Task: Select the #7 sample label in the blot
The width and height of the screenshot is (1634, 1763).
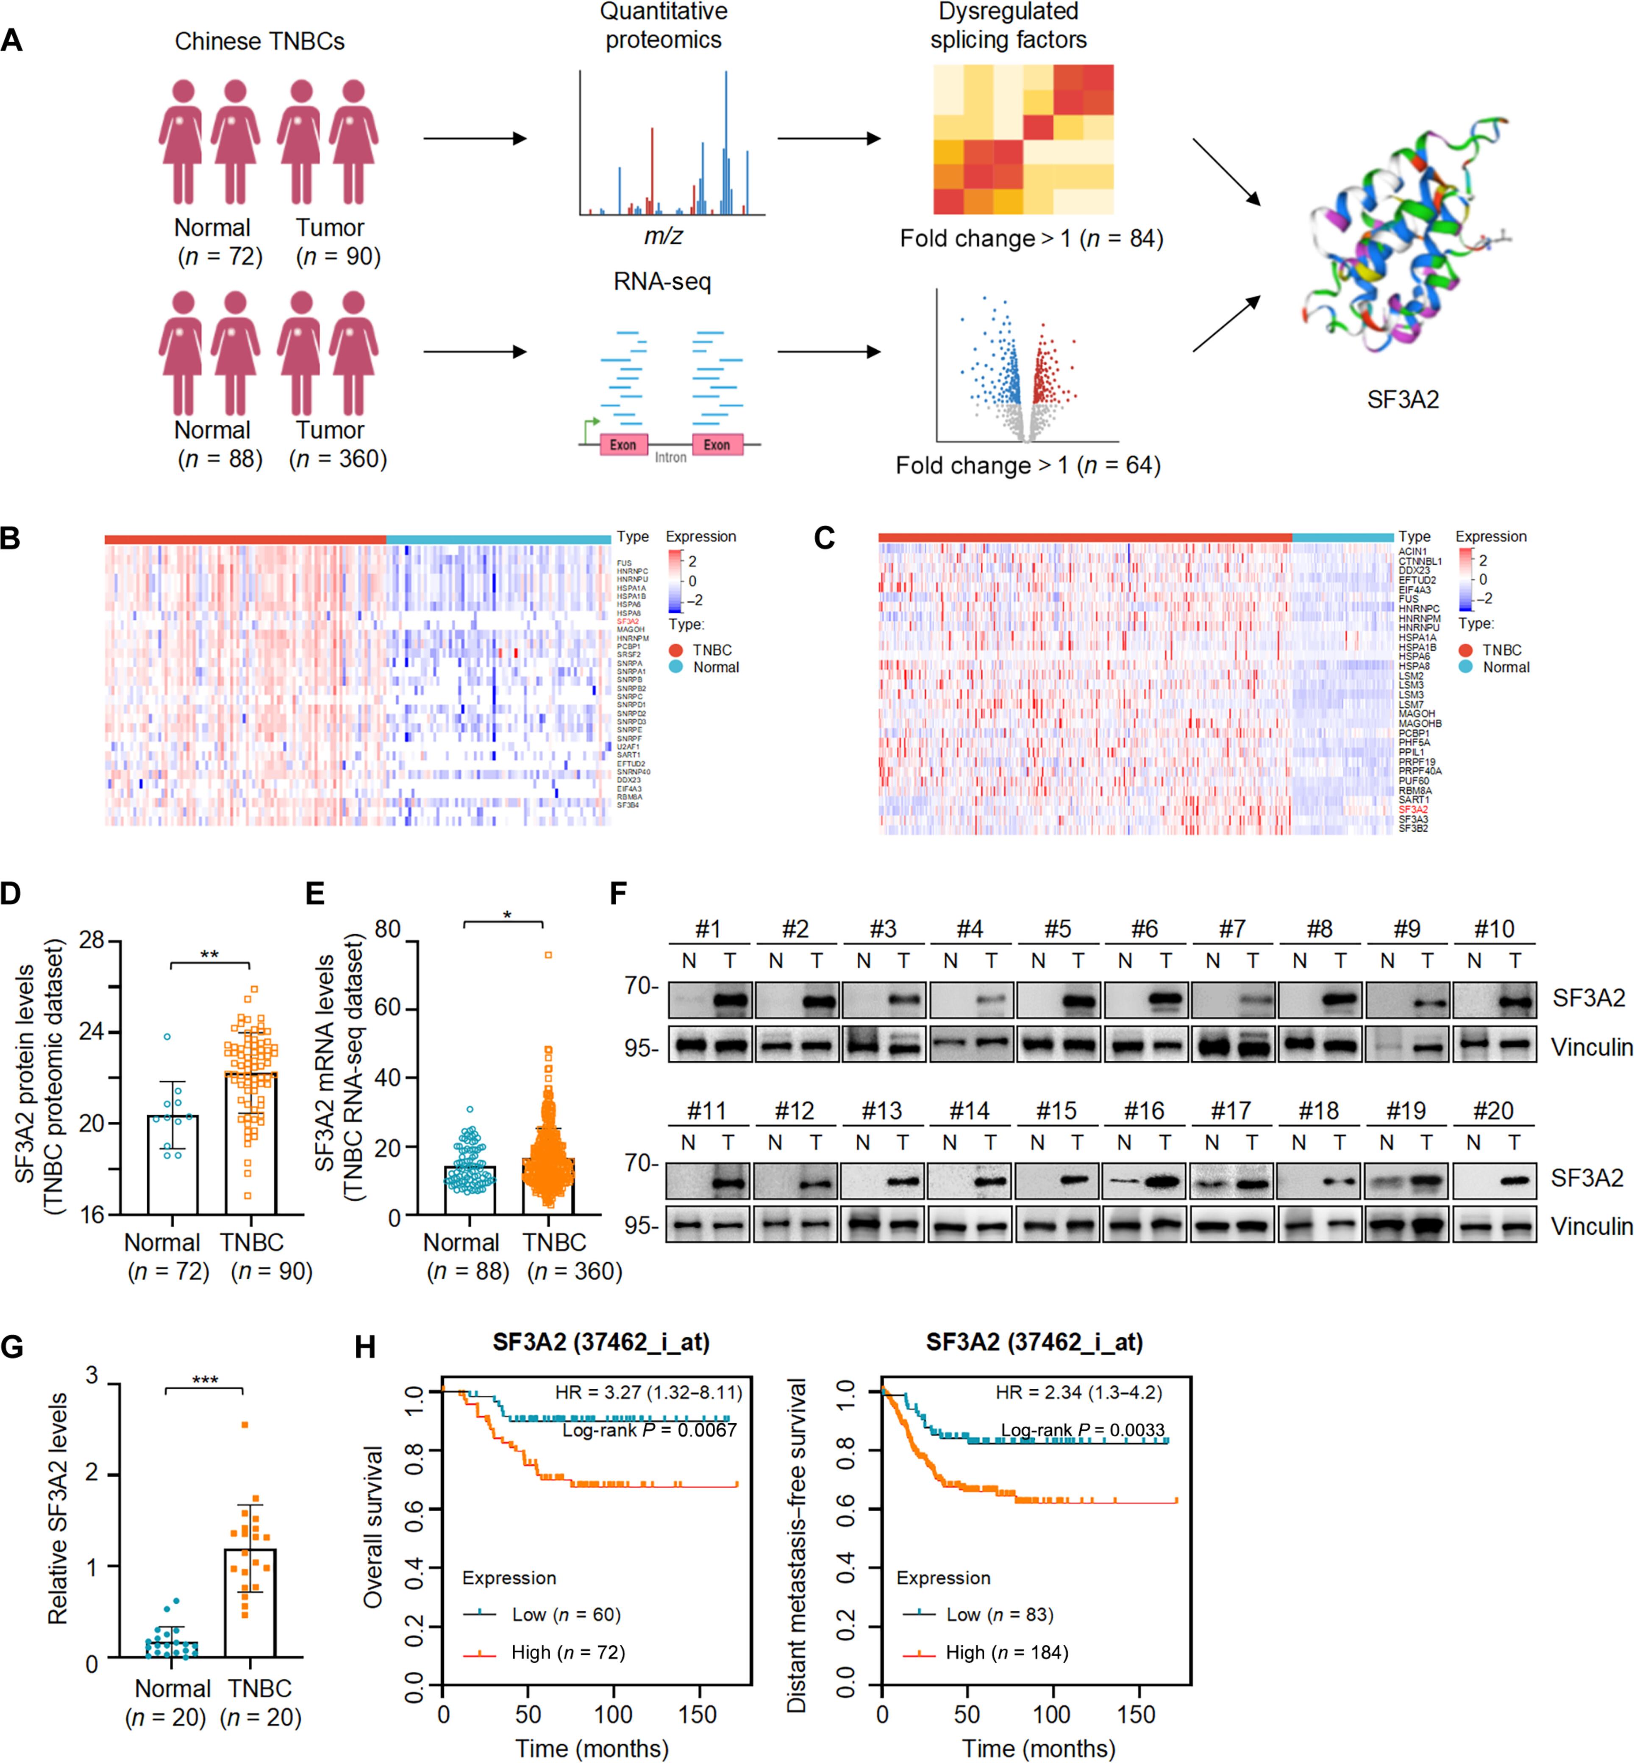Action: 1232,929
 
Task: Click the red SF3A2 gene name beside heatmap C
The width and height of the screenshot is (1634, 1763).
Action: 1413,809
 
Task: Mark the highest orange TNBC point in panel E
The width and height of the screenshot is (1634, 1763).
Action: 548,955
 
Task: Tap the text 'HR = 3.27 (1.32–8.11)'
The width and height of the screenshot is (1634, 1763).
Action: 648,1393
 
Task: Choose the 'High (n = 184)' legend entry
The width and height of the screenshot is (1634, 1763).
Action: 1006,1652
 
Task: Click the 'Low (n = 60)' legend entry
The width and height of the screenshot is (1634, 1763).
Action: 566,1615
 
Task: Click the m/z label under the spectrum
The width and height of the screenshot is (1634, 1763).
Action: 663,236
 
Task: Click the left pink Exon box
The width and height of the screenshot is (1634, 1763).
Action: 623,445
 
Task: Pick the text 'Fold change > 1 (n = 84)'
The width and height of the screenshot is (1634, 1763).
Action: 1031,239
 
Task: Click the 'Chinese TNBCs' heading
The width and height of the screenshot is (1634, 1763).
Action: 259,42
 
